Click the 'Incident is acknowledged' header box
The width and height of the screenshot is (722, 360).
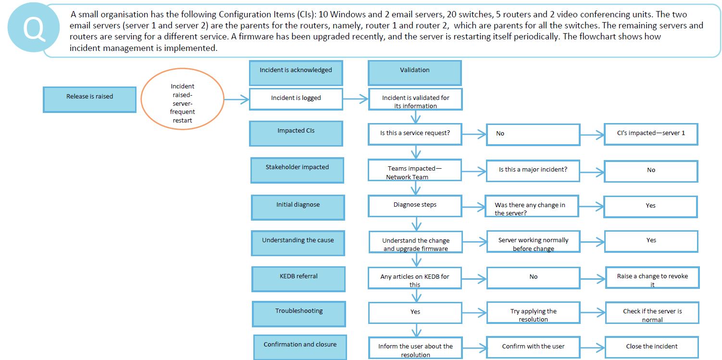[x=296, y=73]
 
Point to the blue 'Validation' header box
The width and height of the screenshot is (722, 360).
[x=414, y=73]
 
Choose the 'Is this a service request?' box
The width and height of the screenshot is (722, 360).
[x=415, y=134]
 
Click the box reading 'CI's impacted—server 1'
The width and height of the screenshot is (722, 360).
[x=651, y=134]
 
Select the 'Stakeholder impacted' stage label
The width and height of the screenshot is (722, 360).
[x=297, y=171]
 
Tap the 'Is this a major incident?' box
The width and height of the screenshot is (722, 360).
[x=533, y=170]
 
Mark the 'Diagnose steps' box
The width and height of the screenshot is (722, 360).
[x=415, y=205]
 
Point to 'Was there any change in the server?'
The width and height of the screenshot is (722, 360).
[x=533, y=207]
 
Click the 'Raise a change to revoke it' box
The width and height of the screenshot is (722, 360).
[x=652, y=278]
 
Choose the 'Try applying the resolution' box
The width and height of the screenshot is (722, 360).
[x=533, y=313]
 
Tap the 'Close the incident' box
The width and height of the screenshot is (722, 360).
[x=651, y=347]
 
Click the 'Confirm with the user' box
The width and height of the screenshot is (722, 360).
[x=533, y=347]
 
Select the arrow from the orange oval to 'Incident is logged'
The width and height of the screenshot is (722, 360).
[x=237, y=100]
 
